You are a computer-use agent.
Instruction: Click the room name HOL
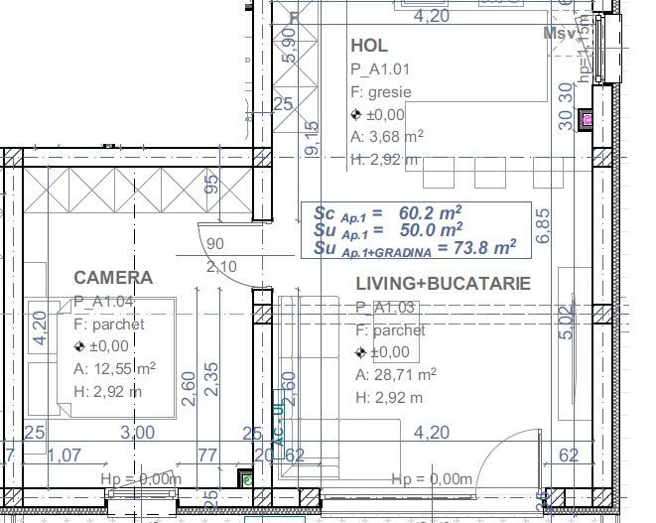[369, 47]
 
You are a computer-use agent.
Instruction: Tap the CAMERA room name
[113, 278]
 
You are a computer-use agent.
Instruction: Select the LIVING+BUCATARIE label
[444, 284]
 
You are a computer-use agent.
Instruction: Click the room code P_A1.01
[380, 69]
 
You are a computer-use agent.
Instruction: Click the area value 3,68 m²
[388, 137]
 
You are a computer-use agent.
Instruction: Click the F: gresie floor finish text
[381, 92]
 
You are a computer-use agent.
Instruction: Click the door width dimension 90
[215, 245]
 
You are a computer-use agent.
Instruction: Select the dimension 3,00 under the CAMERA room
[137, 432]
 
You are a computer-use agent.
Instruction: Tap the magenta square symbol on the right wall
[587, 120]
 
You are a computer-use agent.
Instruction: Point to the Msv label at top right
[561, 33]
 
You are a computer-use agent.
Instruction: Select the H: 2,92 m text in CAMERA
[107, 391]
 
